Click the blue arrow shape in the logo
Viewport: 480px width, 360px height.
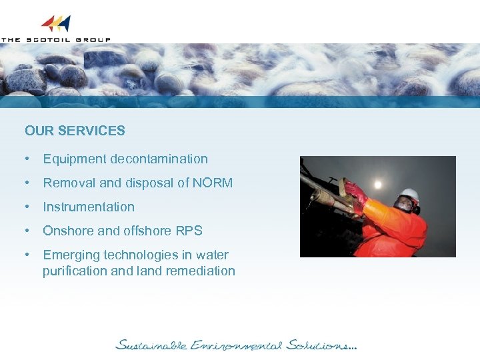(x=65, y=24)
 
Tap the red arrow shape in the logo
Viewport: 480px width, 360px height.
(x=48, y=24)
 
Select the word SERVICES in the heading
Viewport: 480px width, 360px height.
(x=91, y=131)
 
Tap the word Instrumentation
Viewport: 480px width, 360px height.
(x=89, y=207)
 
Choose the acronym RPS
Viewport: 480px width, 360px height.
(x=188, y=231)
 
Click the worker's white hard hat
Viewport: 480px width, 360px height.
(x=409, y=194)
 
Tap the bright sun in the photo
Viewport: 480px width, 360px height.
(x=379, y=183)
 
